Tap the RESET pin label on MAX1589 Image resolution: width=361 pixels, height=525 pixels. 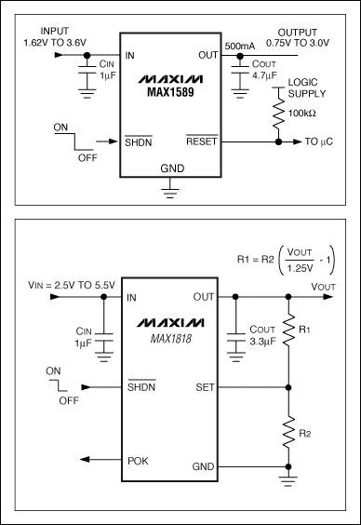(200, 141)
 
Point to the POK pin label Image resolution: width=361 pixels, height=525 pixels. (137, 458)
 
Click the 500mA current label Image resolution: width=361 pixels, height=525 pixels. (240, 46)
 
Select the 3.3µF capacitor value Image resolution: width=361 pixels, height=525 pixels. (264, 343)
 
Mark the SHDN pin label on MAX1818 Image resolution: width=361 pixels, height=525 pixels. (140, 385)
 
